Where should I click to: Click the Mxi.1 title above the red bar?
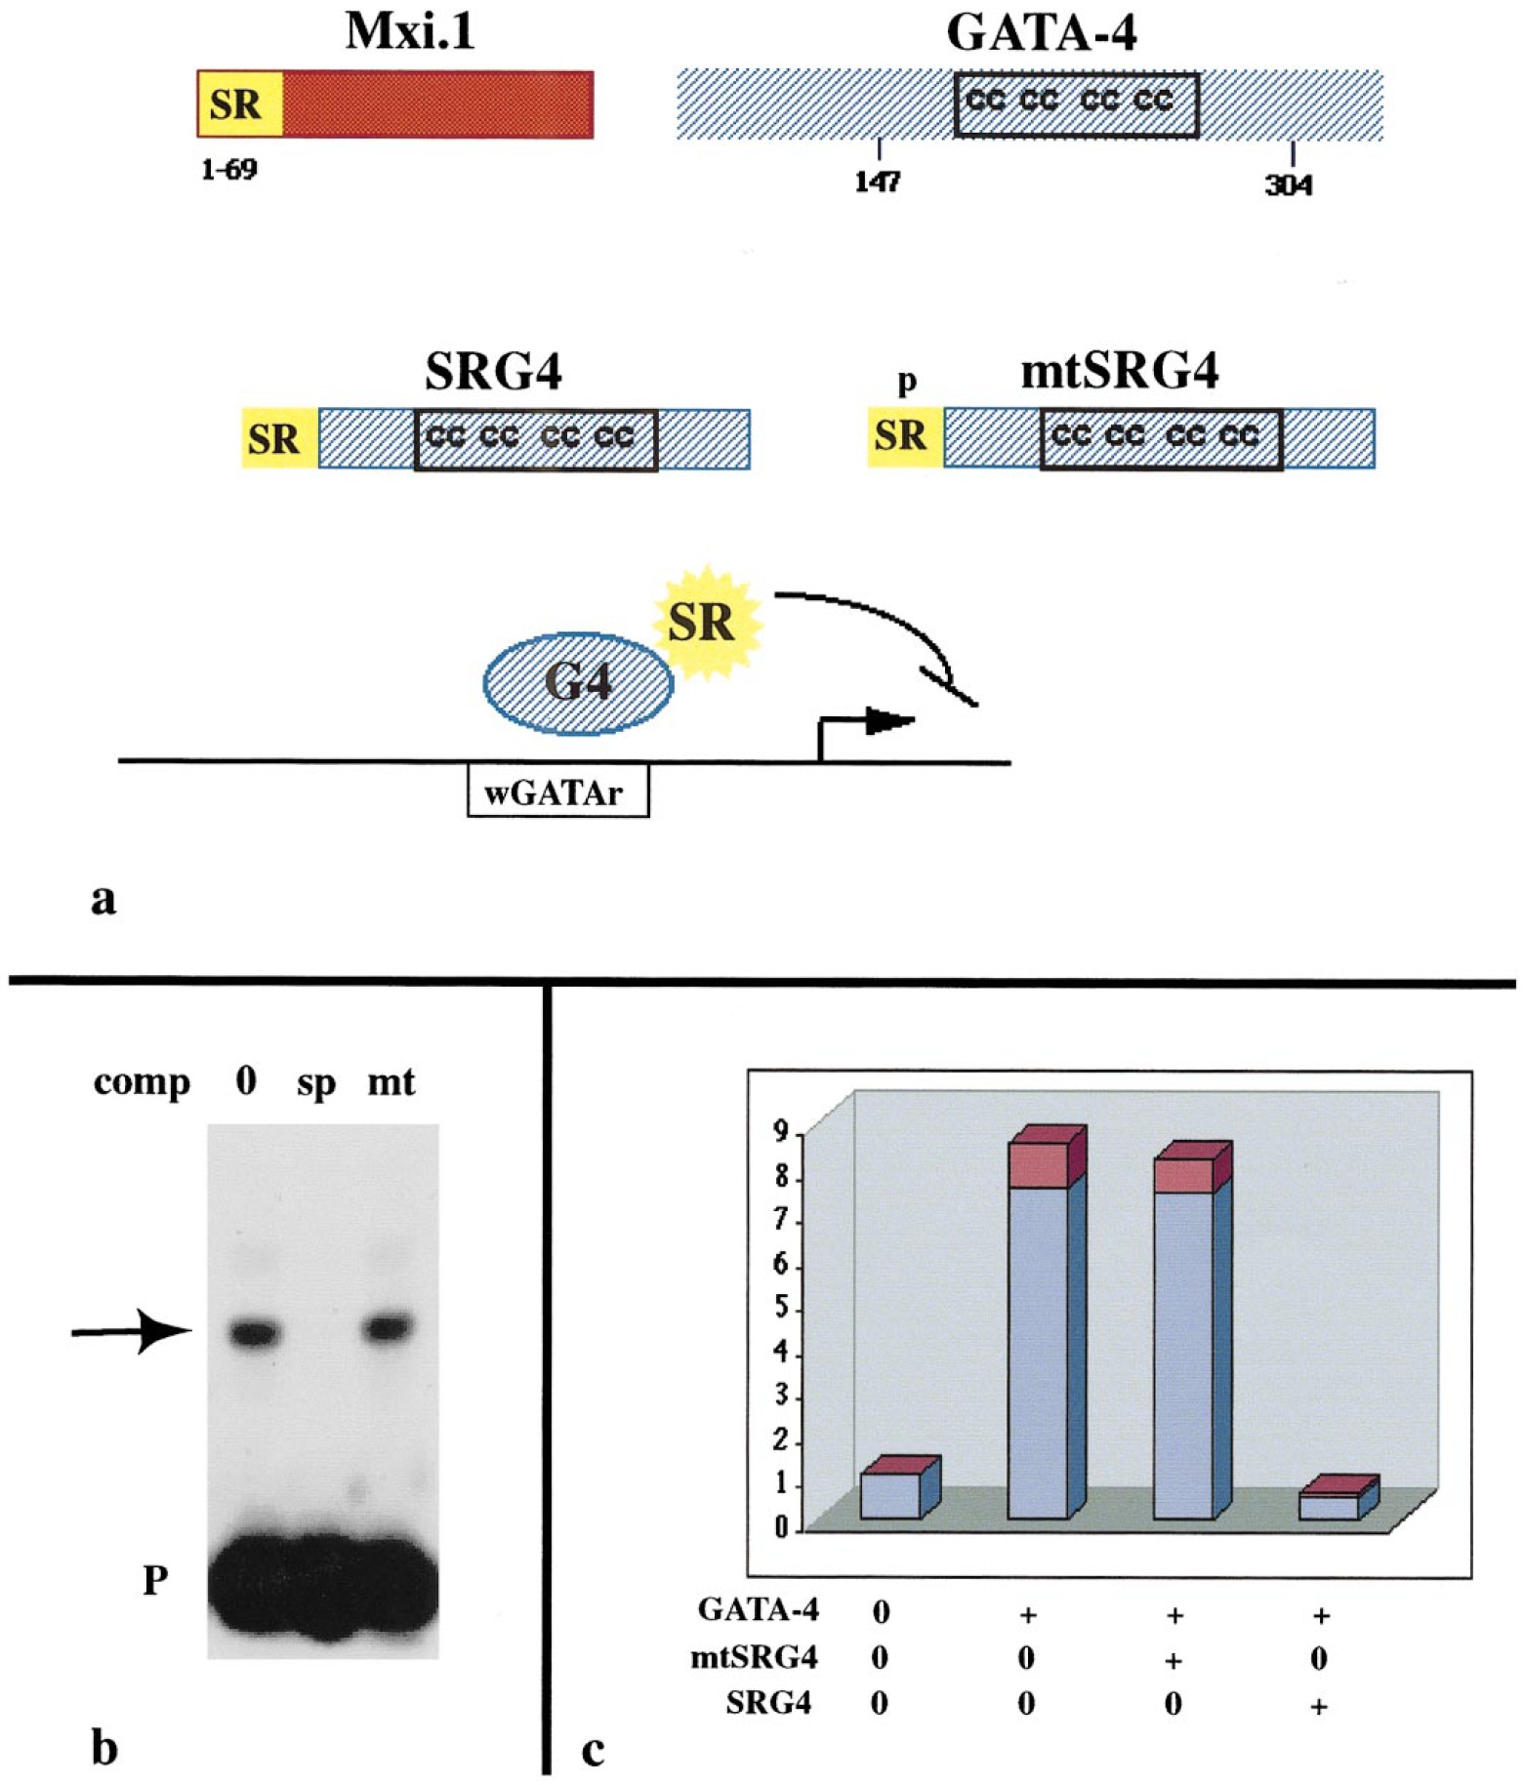(x=409, y=32)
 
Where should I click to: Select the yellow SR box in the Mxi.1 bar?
(x=238, y=104)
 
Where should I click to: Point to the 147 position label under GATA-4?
(x=878, y=182)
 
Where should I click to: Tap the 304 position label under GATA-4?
(x=1289, y=184)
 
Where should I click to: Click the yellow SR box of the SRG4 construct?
(x=276, y=439)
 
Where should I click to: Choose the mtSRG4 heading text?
(x=1120, y=372)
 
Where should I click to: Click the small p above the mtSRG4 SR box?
(x=907, y=381)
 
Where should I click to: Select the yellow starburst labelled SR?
(x=703, y=622)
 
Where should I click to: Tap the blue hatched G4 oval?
(x=578, y=682)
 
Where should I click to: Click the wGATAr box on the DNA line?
(x=556, y=792)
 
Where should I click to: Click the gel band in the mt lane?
(x=390, y=1327)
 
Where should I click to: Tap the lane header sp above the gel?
(x=316, y=1083)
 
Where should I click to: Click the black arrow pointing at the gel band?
(x=132, y=1330)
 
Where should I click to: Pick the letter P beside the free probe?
(x=155, y=1579)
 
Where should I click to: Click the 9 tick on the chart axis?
(x=781, y=1132)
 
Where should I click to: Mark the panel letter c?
(x=593, y=1751)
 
